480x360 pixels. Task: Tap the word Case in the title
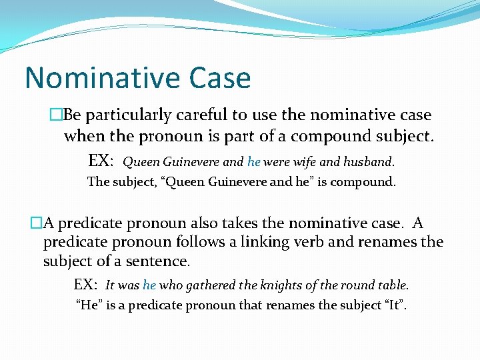[221, 78]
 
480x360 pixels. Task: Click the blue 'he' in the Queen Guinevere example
[253, 161]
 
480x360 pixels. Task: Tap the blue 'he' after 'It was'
[149, 285]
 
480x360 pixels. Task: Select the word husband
[370, 161]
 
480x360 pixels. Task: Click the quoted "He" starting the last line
[89, 305]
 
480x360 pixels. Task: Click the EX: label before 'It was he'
[87, 285]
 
